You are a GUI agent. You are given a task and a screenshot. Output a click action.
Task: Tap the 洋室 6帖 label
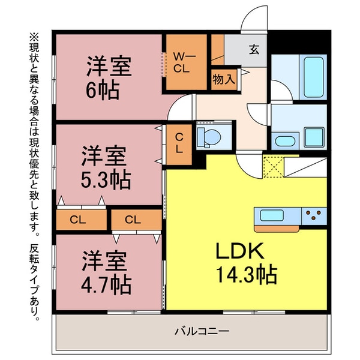coord(108,77)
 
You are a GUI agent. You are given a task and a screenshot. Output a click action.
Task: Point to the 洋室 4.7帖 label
coord(106,273)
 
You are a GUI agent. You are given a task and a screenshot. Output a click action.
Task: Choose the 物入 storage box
coord(224,79)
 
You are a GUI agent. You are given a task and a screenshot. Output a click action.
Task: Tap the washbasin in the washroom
coord(283,141)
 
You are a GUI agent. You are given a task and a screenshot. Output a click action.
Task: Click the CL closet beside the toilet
coord(179,143)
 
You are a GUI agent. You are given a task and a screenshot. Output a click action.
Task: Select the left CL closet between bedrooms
coord(78,220)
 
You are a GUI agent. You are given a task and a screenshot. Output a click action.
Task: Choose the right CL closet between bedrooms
coord(134,220)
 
